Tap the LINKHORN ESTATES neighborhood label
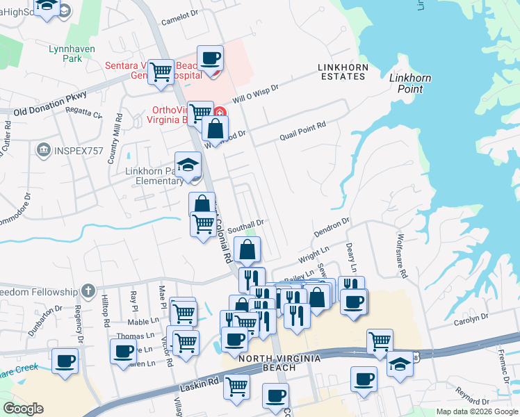(341, 72)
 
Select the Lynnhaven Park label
(65, 54)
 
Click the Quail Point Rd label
(302, 128)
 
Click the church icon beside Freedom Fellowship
(88, 290)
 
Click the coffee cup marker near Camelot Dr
(210, 58)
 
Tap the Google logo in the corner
(23, 409)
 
